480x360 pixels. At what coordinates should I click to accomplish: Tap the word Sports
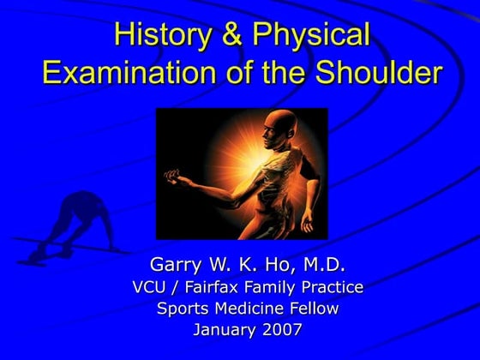click(182, 308)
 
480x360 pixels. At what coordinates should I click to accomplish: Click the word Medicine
click(245, 308)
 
